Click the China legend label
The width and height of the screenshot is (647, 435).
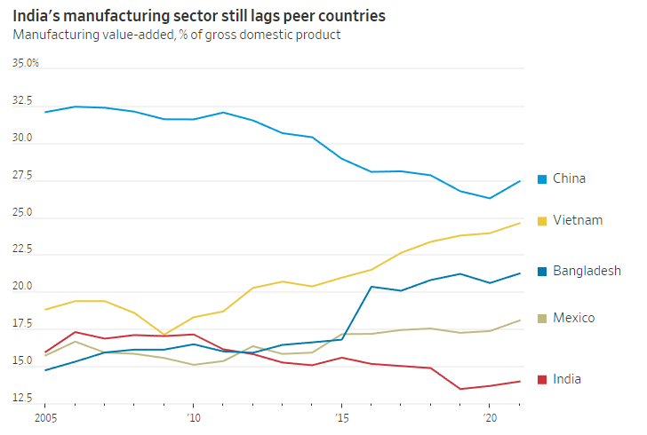(569, 178)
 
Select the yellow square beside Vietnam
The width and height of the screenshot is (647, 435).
(542, 220)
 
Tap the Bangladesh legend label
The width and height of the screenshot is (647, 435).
(587, 271)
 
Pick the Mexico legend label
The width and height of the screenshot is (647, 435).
(573, 318)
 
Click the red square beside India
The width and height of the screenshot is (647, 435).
(542, 380)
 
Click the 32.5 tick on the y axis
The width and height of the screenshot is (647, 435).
(23, 100)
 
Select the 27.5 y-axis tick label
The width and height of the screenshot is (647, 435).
(23, 177)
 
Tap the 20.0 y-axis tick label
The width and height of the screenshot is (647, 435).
(23, 288)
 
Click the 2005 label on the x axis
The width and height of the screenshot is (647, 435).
(45, 416)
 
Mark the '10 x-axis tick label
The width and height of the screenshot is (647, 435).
(193, 416)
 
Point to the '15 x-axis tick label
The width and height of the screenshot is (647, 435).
(341, 416)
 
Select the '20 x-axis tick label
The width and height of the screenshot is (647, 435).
(489, 416)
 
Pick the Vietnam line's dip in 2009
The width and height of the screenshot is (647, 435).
(164, 335)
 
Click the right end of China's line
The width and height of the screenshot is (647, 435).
(520, 181)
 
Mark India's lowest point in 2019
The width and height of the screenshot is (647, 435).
(460, 389)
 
